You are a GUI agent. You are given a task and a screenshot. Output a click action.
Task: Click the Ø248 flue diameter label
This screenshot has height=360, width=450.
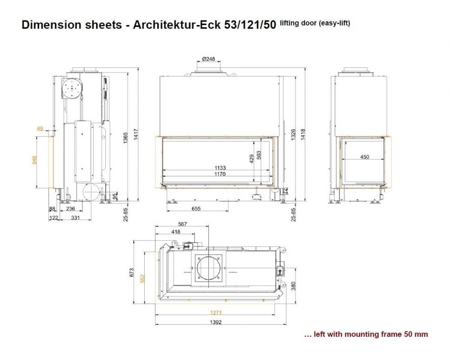pyautogui.click(x=208, y=59)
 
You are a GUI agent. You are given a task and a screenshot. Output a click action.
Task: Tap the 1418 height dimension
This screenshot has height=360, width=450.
pyautogui.click(x=303, y=135)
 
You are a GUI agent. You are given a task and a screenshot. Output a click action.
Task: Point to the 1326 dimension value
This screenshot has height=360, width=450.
pyautogui.click(x=293, y=135)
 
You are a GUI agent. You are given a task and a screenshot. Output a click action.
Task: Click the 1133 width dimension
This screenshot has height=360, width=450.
pyautogui.click(x=220, y=167)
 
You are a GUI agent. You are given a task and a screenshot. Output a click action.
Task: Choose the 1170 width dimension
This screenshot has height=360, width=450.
pyautogui.click(x=220, y=174)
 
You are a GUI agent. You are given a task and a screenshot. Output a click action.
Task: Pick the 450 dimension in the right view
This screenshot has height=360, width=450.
pyautogui.click(x=365, y=157)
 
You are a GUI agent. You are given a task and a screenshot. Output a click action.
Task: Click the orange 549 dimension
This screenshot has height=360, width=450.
pyautogui.click(x=34, y=160)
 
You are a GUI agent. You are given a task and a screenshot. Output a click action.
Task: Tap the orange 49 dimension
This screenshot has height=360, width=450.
pyautogui.click(x=40, y=129)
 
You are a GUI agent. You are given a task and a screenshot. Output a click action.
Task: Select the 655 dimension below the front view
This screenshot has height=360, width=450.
pyautogui.click(x=196, y=209)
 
